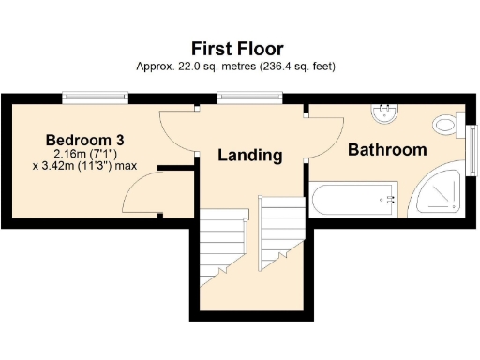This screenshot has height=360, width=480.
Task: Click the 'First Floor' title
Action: pyautogui.click(x=237, y=48)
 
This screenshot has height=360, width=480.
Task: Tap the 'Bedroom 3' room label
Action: pyautogui.click(x=85, y=140)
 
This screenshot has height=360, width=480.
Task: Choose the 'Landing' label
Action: pyautogui.click(x=250, y=155)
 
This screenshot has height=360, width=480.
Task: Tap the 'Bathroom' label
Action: pyautogui.click(x=387, y=149)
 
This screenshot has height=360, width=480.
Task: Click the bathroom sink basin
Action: pyautogui.click(x=384, y=113)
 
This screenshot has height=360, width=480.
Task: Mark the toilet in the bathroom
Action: pyautogui.click(x=446, y=124)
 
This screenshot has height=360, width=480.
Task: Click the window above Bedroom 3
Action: pyautogui.click(x=90, y=96)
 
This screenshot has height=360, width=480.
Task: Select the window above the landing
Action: pyautogui.click(x=232, y=96)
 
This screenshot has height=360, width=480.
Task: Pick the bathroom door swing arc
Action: pyautogui.click(x=323, y=136)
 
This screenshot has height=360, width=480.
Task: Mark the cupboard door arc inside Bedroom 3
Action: pyautogui.click(x=141, y=192)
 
